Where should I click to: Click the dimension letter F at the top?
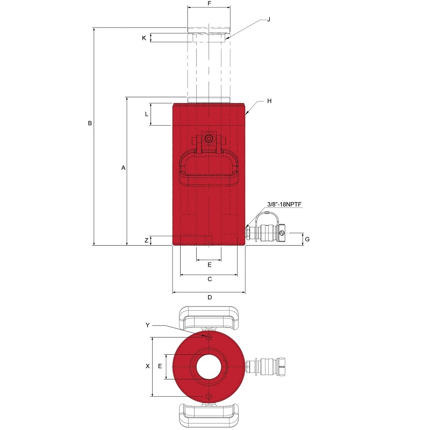(209, 4)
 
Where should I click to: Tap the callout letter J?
(269, 19)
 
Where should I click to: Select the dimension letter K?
(144, 38)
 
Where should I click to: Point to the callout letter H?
(269, 101)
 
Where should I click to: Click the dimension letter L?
(146, 114)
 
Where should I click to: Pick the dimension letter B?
(90, 124)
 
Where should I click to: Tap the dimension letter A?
(124, 168)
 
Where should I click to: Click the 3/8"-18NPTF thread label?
(284, 204)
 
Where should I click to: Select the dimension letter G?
(307, 239)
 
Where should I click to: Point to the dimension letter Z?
(146, 240)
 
